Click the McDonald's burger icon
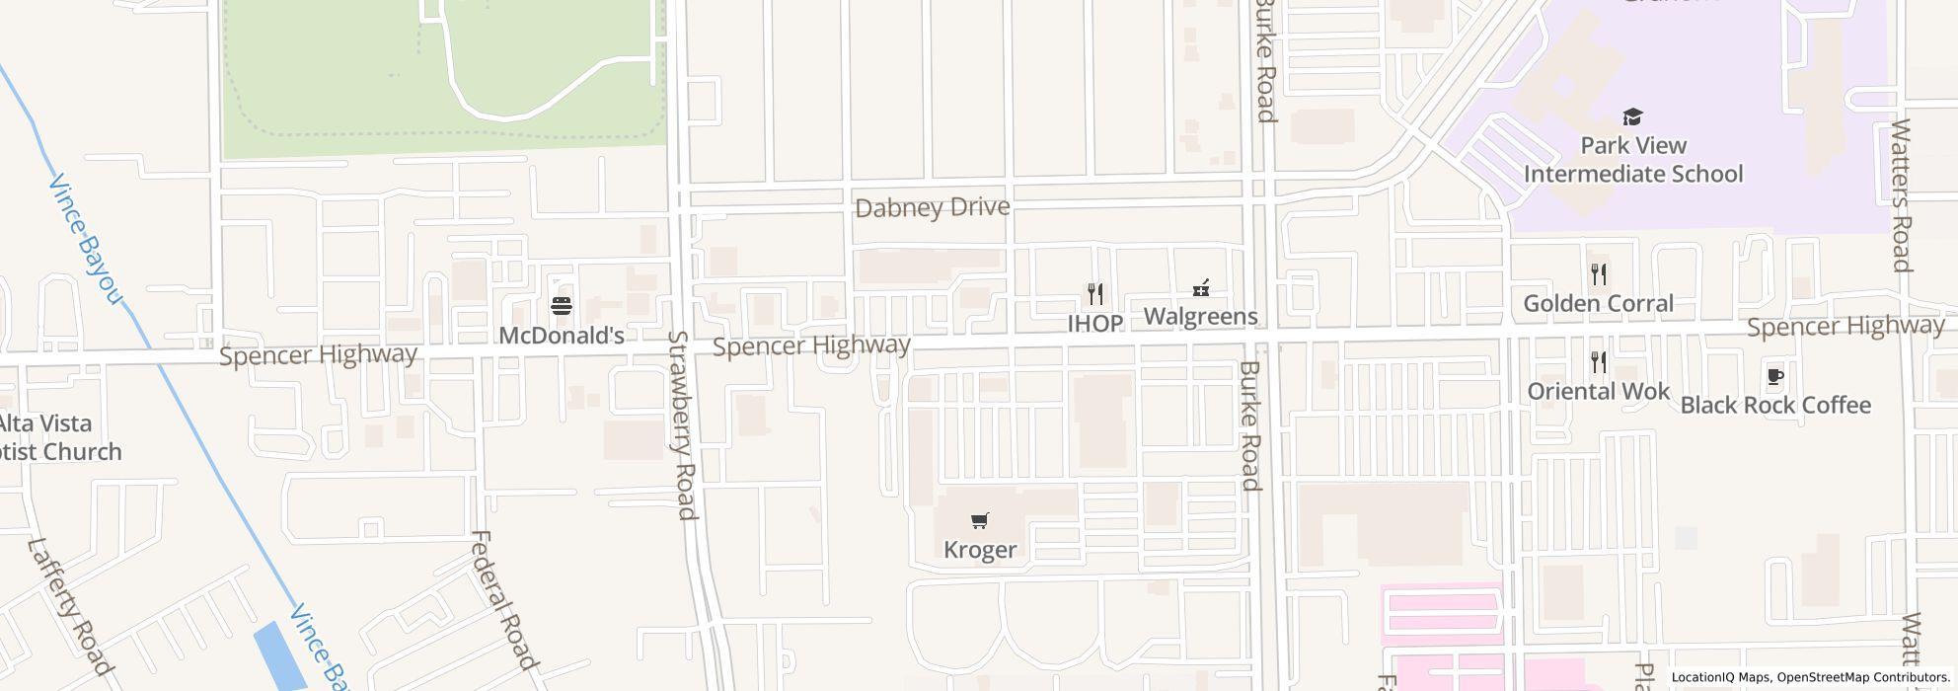coord(562,306)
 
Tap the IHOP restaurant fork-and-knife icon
coord(1094,293)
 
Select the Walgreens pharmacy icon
coord(1200,288)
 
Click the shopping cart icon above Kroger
coord(980,520)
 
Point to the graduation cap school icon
coord(1633,116)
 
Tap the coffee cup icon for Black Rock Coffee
coord(1774,376)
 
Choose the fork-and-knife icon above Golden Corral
coord(1599,274)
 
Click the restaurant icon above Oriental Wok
coord(1599,362)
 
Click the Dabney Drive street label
coord(933,207)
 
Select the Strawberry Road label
coord(682,424)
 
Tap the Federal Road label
coord(503,600)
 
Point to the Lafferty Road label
coord(70,605)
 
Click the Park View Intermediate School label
coord(1633,160)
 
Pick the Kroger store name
coord(980,549)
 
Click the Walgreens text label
coord(1200,316)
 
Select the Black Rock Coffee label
coord(1775,405)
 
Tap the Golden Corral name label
coord(1599,303)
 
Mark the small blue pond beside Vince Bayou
coord(279,655)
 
